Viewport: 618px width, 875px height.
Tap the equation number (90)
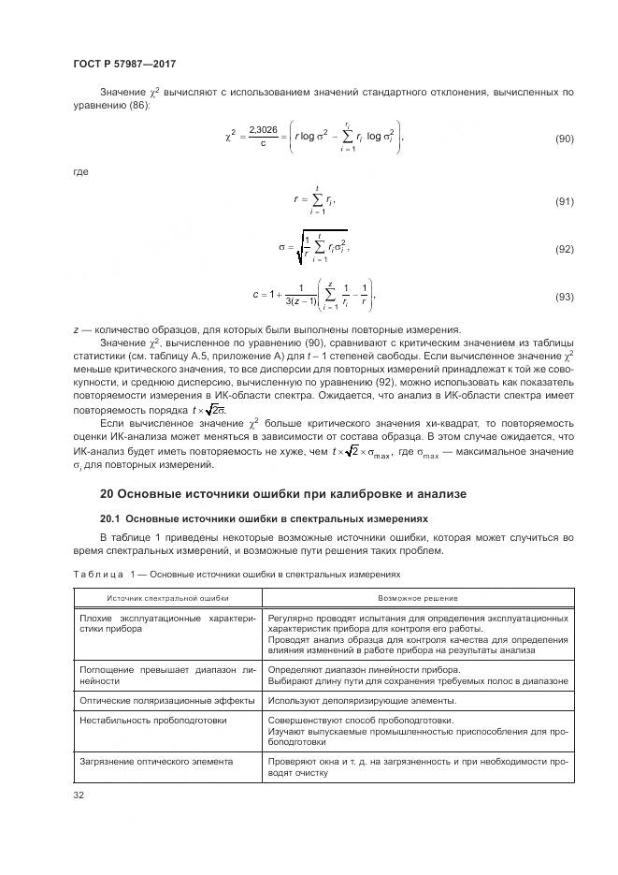tap(564, 139)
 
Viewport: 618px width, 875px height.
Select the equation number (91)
tap(564, 201)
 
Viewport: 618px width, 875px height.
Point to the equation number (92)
tap(564, 250)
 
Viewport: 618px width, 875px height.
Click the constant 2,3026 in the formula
tap(264, 131)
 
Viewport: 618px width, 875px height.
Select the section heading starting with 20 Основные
tap(283, 493)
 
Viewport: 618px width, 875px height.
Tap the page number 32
tap(79, 795)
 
